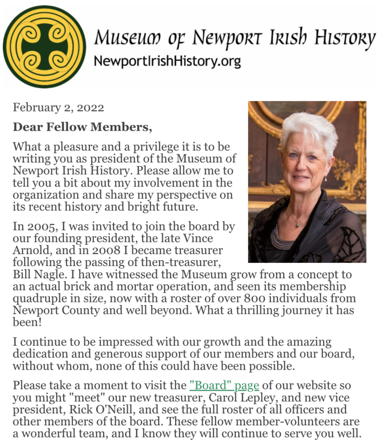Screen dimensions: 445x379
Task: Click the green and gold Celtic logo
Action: click(x=44, y=46)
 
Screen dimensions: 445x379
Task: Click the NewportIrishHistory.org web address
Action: click(x=167, y=62)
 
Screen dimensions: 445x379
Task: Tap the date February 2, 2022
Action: click(x=58, y=108)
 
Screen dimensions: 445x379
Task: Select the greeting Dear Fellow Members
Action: click(x=82, y=127)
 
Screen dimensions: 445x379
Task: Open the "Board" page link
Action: click(x=224, y=385)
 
